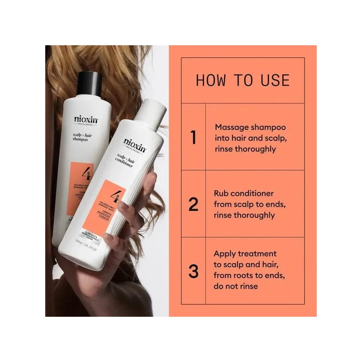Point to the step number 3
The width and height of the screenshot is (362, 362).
(x=193, y=272)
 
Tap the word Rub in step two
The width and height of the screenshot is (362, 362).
(x=221, y=193)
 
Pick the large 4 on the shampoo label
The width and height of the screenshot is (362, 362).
(x=84, y=173)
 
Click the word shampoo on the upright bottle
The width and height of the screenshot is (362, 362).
(x=80, y=140)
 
